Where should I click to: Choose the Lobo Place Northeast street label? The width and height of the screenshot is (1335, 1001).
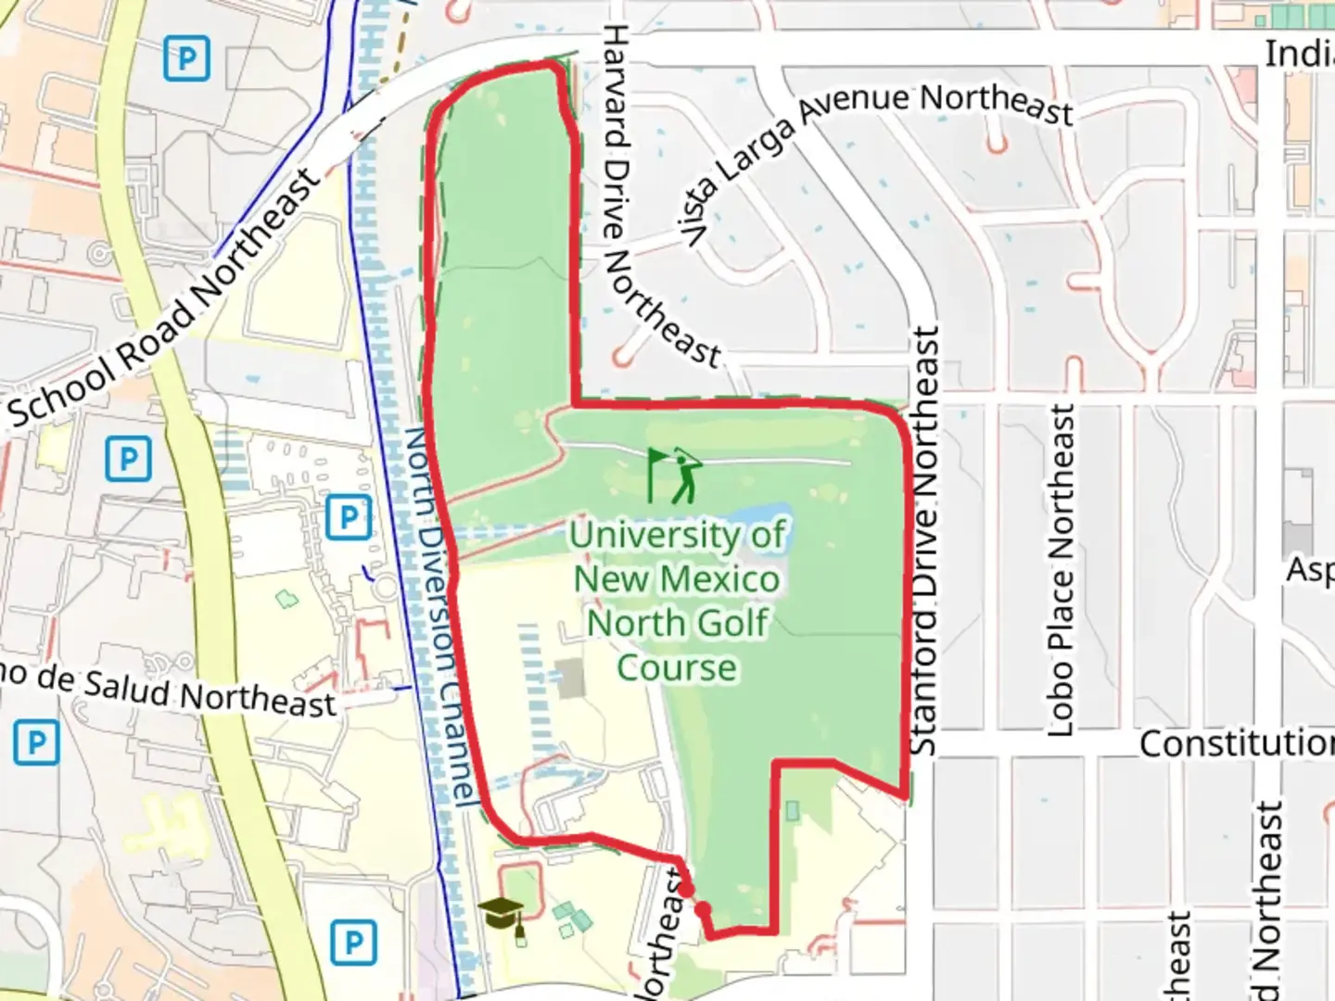click(1062, 570)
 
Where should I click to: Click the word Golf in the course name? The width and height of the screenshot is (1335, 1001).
click(723, 623)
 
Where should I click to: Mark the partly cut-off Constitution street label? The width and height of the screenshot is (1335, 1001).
click(1236, 743)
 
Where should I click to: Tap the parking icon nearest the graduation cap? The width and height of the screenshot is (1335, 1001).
click(352, 942)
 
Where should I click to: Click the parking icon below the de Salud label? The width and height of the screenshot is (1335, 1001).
click(36, 742)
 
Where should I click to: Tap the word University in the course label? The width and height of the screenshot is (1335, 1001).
click(677, 535)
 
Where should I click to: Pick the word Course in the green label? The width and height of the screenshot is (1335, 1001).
click(677, 667)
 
